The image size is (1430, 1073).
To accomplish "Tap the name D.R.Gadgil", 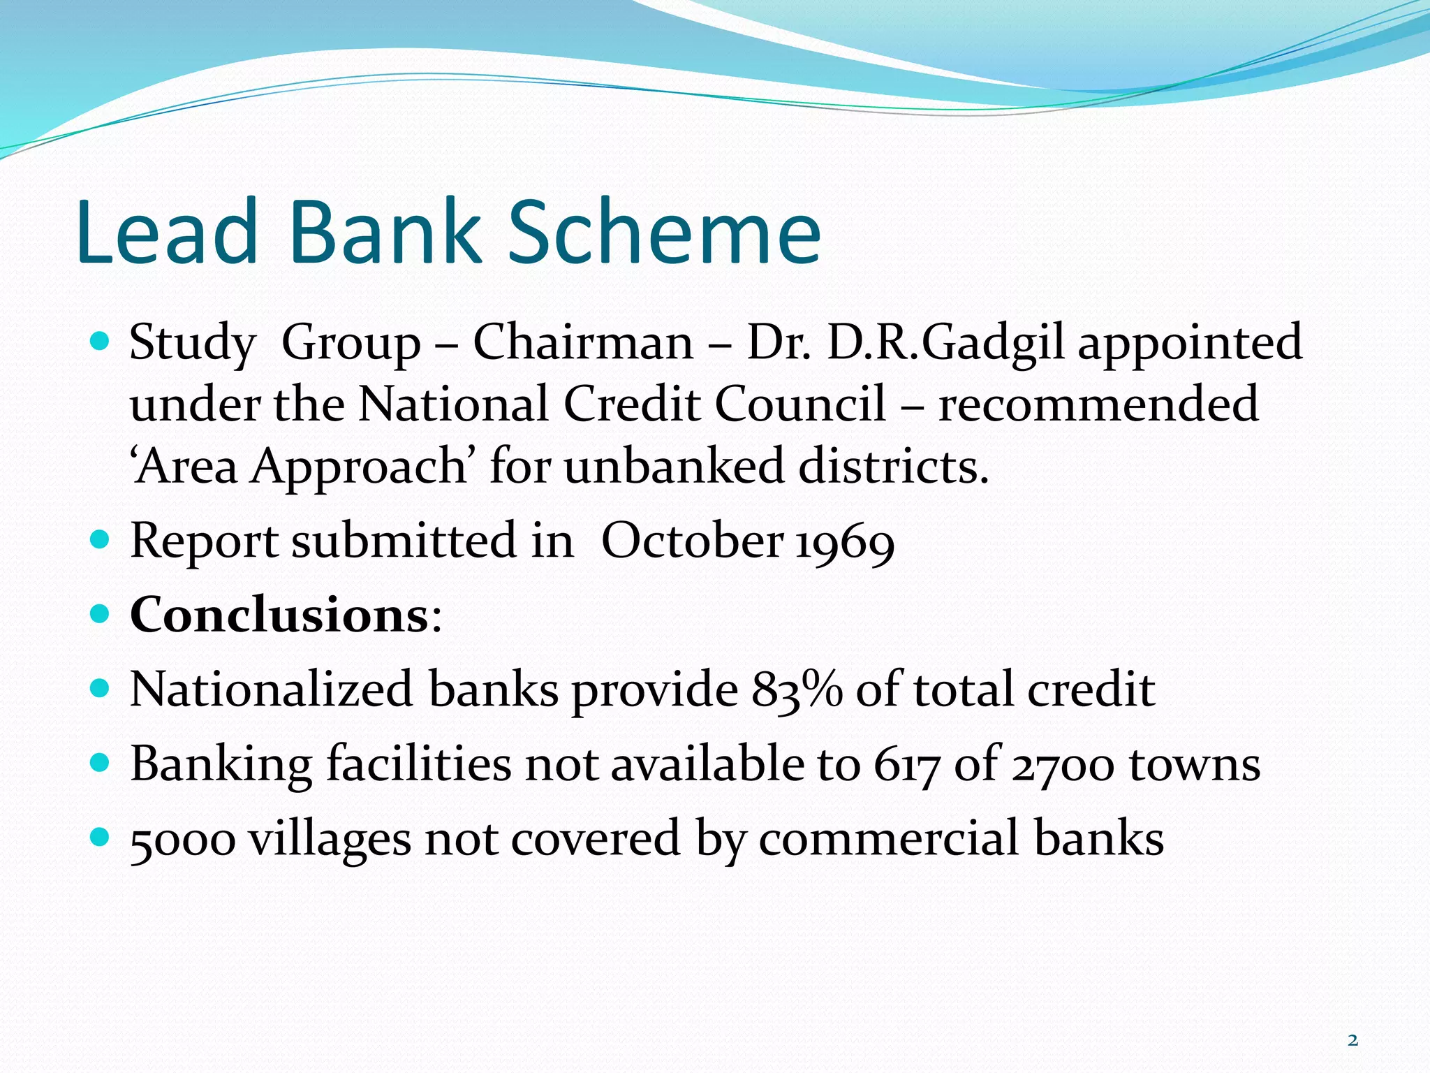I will (x=945, y=342).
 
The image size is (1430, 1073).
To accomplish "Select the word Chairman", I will (x=583, y=342).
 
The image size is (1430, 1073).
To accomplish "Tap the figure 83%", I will (x=797, y=689).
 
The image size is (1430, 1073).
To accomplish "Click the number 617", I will (x=906, y=764).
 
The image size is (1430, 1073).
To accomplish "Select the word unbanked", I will (x=674, y=466).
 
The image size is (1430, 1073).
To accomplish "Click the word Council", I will (x=800, y=404).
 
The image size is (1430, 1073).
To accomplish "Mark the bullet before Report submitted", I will (x=101, y=539).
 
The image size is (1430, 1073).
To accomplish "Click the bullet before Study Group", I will (x=101, y=342).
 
